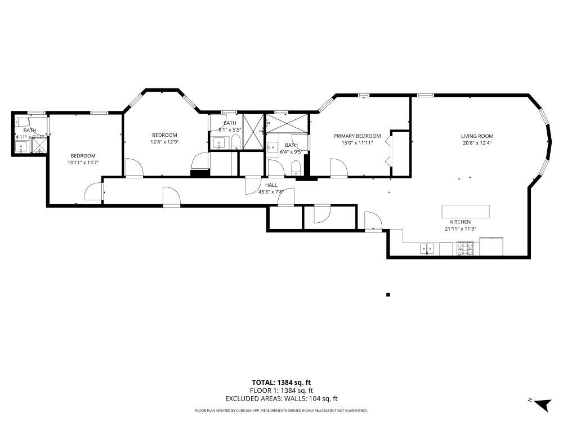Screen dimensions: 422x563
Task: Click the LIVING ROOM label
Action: [477, 136]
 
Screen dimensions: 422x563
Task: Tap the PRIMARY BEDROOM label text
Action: [357, 136]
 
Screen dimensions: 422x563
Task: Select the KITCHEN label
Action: [460, 222]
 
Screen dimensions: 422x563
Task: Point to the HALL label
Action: [271, 185]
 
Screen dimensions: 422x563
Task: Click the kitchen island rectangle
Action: [466, 212]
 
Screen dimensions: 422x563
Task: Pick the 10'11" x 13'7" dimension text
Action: [83, 163]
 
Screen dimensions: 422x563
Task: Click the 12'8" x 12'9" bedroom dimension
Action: [164, 142]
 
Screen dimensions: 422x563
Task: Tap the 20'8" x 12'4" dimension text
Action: [477, 143]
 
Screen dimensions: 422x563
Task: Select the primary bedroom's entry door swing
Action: [337, 168]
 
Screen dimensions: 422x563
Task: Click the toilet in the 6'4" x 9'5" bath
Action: [295, 166]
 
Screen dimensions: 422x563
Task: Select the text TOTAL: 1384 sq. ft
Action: [281, 382]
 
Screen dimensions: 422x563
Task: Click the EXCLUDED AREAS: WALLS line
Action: [281, 398]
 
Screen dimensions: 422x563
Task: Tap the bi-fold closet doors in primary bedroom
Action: [388, 152]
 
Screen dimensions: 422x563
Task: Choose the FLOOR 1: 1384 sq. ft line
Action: [281, 390]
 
